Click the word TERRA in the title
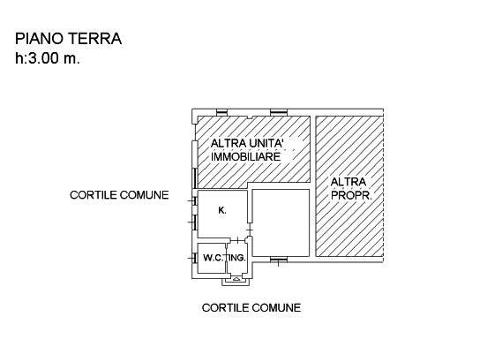click(x=94, y=39)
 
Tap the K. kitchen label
click(x=222, y=210)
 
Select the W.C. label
click(x=213, y=258)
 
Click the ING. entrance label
click(x=237, y=258)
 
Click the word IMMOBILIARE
click(x=246, y=156)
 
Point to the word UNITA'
click(x=266, y=143)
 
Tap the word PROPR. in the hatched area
click(x=351, y=195)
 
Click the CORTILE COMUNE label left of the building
click(x=119, y=195)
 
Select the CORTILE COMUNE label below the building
click(x=251, y=308)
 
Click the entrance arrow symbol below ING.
click(x=236, y=279)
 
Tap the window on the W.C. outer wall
click(x=194, y=258)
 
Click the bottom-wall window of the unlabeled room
click(x=278, y=260)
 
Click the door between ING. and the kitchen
click(x=237, y=240)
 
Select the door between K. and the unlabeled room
click(x=250, y=230)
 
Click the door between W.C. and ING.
click(x=227, y=257)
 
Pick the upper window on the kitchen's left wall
click(x=194, y=200)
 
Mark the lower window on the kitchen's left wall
click(x=194, y=222)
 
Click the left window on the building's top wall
click(x=221, y=112)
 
